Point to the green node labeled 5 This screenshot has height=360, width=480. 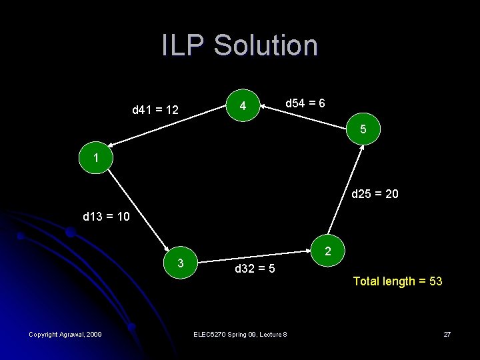[363, 129]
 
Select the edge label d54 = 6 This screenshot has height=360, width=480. [305, 103]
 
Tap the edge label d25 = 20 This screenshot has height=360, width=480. [375, 194]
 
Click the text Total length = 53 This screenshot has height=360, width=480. [397, 281]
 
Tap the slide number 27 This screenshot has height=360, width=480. [447, 333]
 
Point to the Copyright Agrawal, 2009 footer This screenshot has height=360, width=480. [65, 333]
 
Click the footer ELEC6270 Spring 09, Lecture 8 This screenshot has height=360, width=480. [239, 333]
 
